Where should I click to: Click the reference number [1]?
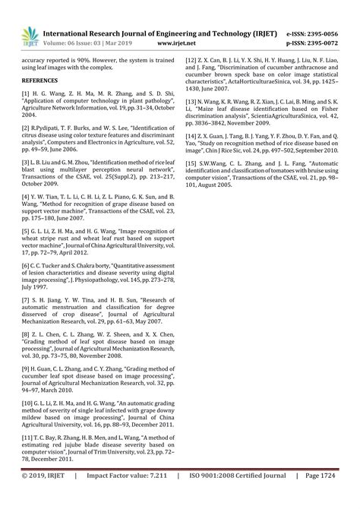tap(26, 92)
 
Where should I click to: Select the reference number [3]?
tap(26, 163)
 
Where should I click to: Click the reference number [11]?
tap(27, 439)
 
